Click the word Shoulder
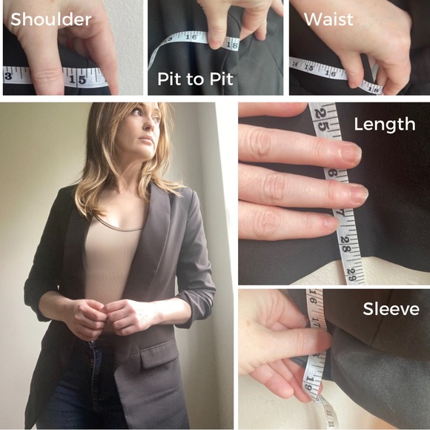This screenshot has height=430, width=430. pos(50,19)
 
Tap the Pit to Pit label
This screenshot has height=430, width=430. pos(194,77)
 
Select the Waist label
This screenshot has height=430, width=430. pos(328,19)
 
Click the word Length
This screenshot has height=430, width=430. pos(384,125)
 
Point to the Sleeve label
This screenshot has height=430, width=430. pos(390,308)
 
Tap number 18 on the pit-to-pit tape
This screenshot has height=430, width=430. pos(233,44)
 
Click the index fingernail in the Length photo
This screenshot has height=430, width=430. pos(349,153)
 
